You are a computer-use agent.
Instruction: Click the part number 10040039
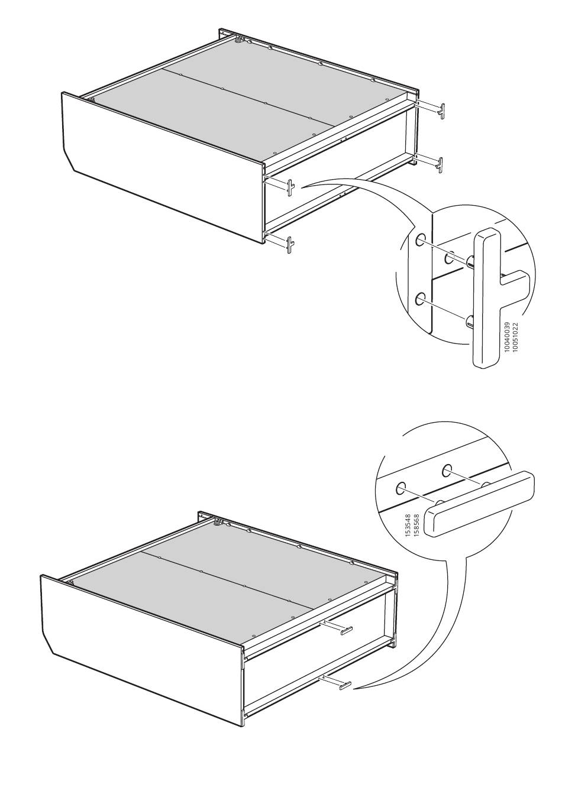pos(507,338)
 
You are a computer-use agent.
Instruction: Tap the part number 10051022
pos(515,338)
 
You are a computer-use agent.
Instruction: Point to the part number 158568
pos(416,526)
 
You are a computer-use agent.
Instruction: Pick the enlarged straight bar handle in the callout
pos(479,504)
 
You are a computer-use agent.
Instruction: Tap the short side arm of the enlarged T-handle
pos(514,279)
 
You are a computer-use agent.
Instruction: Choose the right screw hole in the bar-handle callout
pos(447,469)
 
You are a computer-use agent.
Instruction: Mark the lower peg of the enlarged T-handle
pos(470,320)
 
